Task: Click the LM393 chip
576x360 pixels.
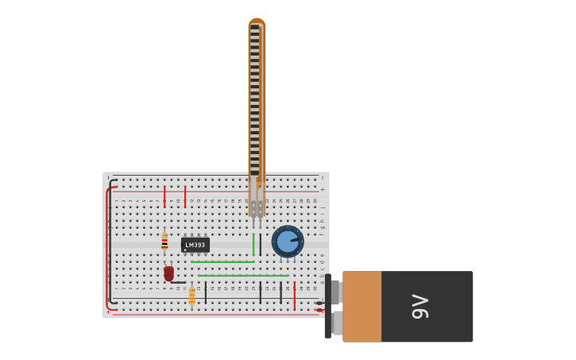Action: tap(195, 245)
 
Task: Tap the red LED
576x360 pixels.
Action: tap(168, 273)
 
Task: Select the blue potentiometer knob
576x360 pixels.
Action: tap(287, 242)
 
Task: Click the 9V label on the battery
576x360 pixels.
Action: tap(419, 307)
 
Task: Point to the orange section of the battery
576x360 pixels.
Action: tap(361, 307)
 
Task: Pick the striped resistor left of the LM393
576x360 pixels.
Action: tap(164, 242)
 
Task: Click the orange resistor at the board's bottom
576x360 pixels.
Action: tap(191, 296)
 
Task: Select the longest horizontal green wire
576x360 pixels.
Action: tap(243, 276)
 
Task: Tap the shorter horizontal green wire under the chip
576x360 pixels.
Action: tap(222, 262)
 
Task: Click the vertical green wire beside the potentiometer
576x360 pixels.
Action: tap(253, 244)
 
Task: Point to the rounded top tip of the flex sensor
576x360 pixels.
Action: tap(257, 21)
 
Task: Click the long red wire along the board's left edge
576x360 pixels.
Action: tap(106, 246)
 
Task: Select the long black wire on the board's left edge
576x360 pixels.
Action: tap(110, 238)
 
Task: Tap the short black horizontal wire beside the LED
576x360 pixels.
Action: tap(179, 282)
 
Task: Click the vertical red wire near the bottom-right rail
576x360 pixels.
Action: tap(294, 296)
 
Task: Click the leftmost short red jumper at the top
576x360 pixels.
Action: tap(164, 195)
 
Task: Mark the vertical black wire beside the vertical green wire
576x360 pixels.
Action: tap(260, 244)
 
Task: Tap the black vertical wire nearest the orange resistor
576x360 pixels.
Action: tap(205, 292)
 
